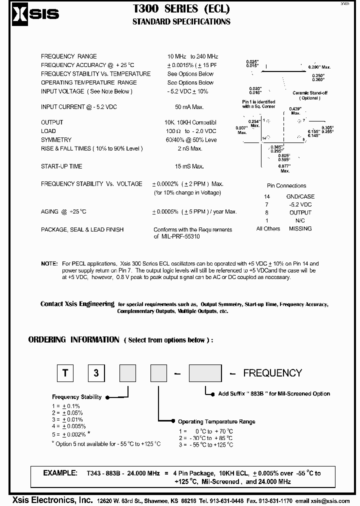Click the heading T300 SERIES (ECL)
(x=181, y=8)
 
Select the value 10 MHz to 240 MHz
(x=192, y=56)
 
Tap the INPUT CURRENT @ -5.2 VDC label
(x=78, y=107)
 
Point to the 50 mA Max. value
(x=189, y=107)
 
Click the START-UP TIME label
(x=61, y=166)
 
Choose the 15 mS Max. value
(x=189, y=166)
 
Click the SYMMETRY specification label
(x=56, y=140)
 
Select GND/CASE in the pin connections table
(x=300, y=196)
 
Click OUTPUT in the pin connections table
(x=300, y=212)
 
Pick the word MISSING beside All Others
(x=300, y=228)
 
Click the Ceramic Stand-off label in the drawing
(x=309, y=93)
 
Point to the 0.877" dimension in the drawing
(x=284, y=166)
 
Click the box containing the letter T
(x=65, y=373)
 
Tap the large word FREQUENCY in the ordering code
(x=272, y=373)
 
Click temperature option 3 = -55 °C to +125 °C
(x=205, y=444)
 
